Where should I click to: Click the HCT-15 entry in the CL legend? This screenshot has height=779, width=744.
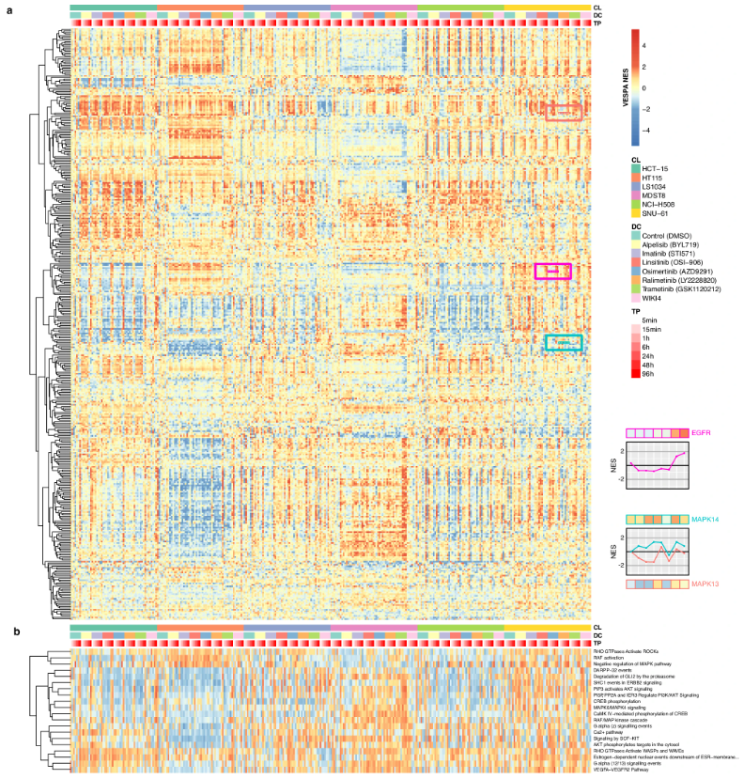click(x=657, y=167)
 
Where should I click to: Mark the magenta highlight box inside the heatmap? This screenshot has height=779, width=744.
click(x=553, y=271)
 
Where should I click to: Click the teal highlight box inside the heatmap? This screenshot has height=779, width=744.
click(x=564, y=344)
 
